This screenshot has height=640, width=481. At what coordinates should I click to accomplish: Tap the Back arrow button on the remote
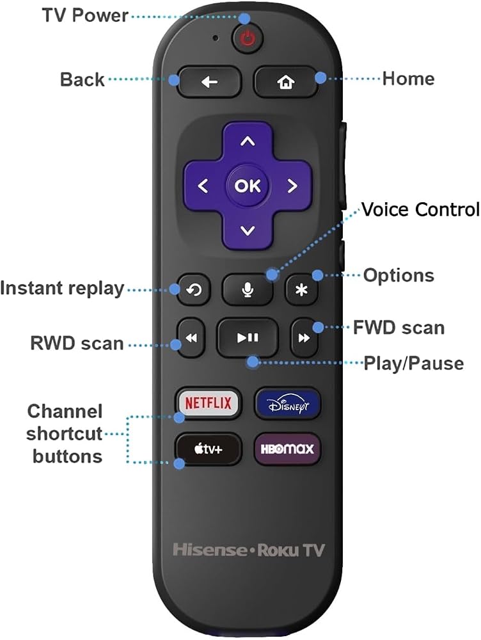pos(209,82)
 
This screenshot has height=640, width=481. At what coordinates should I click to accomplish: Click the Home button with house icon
pos(285,82)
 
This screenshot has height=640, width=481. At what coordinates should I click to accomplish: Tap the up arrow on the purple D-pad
pos(248,141)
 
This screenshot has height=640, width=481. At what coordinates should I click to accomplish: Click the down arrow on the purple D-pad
pos(248,230)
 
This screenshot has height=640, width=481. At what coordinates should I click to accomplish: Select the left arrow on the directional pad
pos(203,186)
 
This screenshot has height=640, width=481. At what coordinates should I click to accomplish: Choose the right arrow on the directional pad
pos(292,186)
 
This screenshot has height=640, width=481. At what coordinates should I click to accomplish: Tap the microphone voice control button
pos(248,290)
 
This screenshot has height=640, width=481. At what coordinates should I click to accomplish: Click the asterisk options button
pos(301,290)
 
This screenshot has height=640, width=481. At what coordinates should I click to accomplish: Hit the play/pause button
pos(248,338)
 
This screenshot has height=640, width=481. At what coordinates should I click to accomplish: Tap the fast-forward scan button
pos(304,338)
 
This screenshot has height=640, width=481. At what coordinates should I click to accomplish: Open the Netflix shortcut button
pos(208,403)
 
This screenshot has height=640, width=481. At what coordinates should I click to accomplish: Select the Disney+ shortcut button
pos(288,404)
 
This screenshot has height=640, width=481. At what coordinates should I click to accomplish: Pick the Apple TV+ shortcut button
pos(208,449)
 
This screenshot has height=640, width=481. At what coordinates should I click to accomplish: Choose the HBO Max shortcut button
pos(287,449)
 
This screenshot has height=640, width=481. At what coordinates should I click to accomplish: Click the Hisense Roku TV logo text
pos(248,550)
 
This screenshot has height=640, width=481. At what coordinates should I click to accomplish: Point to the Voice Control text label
pos(421,209)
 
